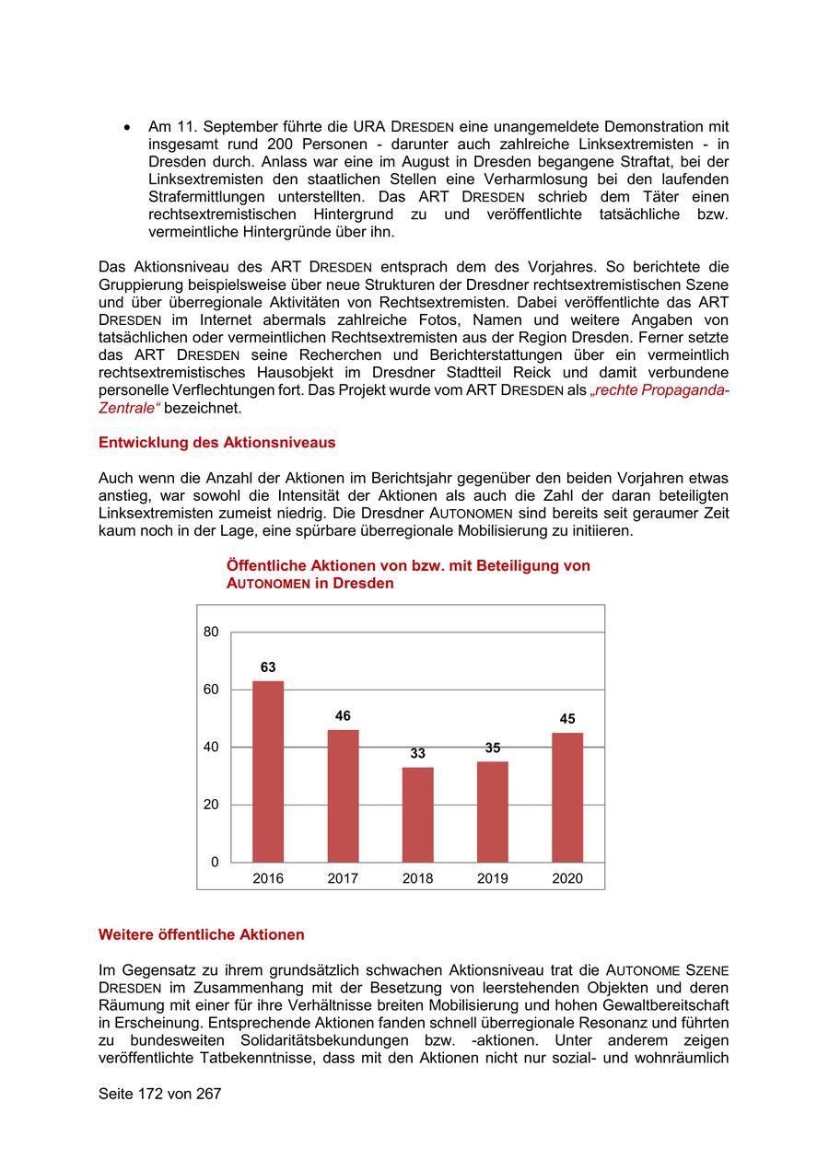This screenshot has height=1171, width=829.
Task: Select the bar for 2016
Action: pyautogui.click(x=268, y=771)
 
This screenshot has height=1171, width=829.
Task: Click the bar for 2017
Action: pyautogui.click(x=343, y=795)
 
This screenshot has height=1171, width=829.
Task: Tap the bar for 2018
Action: pyautogui.click(x=417, y=815)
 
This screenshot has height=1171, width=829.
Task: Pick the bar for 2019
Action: pyautogui.click(x=492, y=811)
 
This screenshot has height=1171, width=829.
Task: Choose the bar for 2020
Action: pyautogui.click(x=567, y=797)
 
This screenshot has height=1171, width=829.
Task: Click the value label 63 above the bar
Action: pyautogui.click(x=268, y=667)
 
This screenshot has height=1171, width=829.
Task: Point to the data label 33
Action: pyautogui.click(x=417, y=753)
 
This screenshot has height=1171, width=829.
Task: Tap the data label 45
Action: pyautogui.click(x=567, y=719)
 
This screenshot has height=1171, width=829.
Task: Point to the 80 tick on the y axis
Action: pyautogui.click(x=211, y=632)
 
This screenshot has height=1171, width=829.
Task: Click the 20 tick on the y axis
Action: pyautogui.click(x=211, y=805)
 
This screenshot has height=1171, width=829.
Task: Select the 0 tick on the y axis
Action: pyautogui.click(x=215, y=863)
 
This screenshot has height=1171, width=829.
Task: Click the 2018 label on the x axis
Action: pyautogui.click(x=417, y=878)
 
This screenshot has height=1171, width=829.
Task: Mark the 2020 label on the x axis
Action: pyautogui.click(x=567, y=878)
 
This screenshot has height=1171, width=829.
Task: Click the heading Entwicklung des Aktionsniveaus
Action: pyautogui.click(x=216, y=443)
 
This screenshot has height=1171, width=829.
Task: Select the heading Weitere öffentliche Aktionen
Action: pyautogui.click(x=201, y=935)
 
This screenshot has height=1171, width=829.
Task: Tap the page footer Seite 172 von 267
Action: pyautogui.click(x=159, y=1095)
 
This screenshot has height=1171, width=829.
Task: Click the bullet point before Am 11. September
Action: pyautogui.click(x=128, y=127)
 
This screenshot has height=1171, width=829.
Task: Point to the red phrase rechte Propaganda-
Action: pyautogui.click(x=660, y=390)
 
